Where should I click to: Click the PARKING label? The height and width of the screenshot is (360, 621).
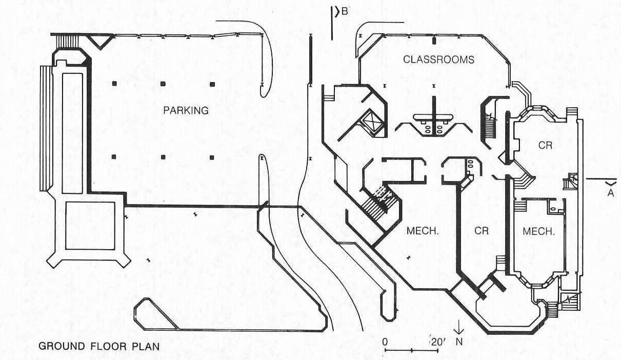point(186,110)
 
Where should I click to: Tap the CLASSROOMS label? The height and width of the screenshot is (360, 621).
point(438,59)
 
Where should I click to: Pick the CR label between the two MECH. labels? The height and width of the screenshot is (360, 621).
point(482,231)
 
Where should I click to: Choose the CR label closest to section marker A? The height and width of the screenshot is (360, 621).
point(545,145)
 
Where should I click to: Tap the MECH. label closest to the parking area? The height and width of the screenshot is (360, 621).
point(423,231)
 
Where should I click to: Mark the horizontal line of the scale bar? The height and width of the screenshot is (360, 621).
point(412,351)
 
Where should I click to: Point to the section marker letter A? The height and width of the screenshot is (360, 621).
point(610,192)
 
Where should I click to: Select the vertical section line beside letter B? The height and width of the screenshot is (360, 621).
point(333,23)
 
